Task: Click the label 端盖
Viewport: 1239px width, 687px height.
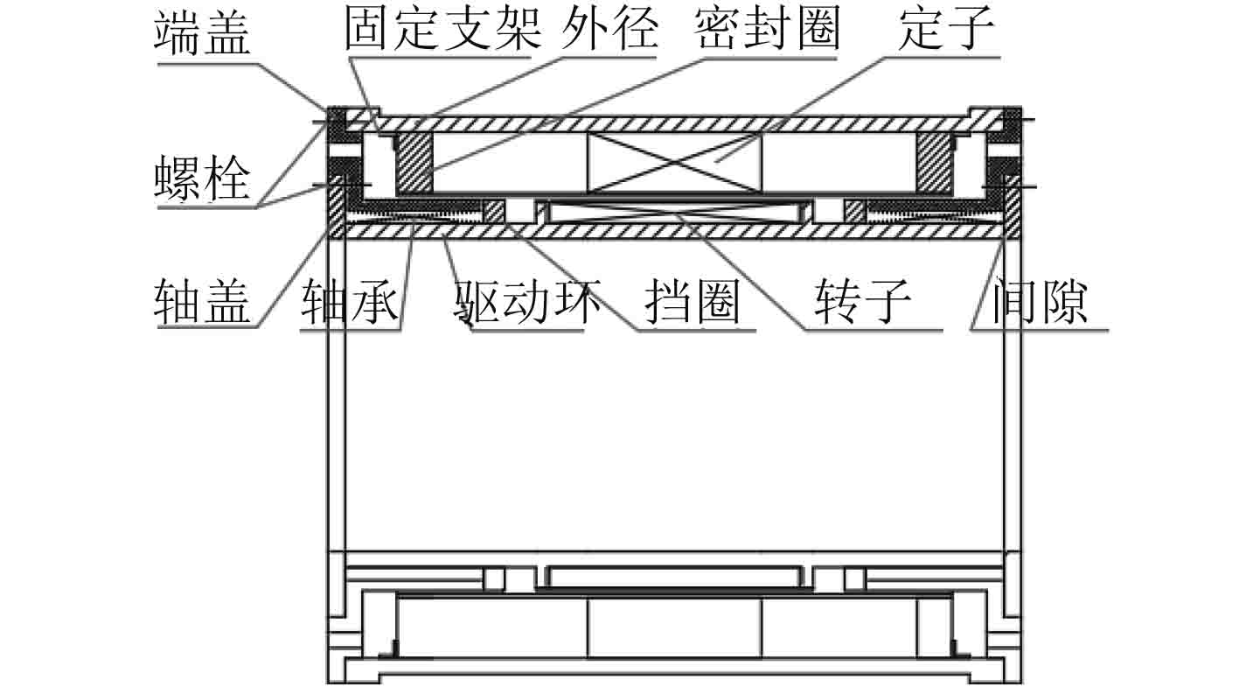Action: click(x=203, y=34)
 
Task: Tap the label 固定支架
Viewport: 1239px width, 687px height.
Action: click(x=438, y=32)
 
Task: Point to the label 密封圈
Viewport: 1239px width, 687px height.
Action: click(x=767, y=32)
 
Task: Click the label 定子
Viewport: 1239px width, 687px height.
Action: click(x=946, y=32)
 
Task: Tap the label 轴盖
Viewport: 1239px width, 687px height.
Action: click(x=203, y=303)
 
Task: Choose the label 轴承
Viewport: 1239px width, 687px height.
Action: click(x=350, y=303)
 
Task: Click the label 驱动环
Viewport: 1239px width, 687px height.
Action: click(x=527, y=303)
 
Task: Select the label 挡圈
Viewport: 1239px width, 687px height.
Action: click(x=693, y=303)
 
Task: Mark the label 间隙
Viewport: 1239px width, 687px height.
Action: click(x=1040, y=303)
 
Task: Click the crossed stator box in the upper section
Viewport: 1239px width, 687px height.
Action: click(x=674, y=163)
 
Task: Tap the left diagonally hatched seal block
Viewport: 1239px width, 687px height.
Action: click(x=414, y=163)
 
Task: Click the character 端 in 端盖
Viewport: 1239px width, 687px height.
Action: click(x=178, y=34)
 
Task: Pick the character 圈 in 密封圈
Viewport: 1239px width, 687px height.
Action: click(x=816, y=32)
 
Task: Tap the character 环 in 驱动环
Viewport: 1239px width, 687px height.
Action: click(x=577, y=303)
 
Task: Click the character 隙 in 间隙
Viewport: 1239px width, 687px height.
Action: click(x=1064, y=303)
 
